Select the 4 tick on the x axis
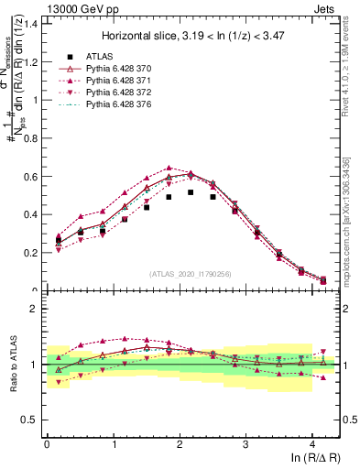[x=312, y=445]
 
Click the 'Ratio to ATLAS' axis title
[x=12, y=365]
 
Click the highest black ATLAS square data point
[x=191, y=192]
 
